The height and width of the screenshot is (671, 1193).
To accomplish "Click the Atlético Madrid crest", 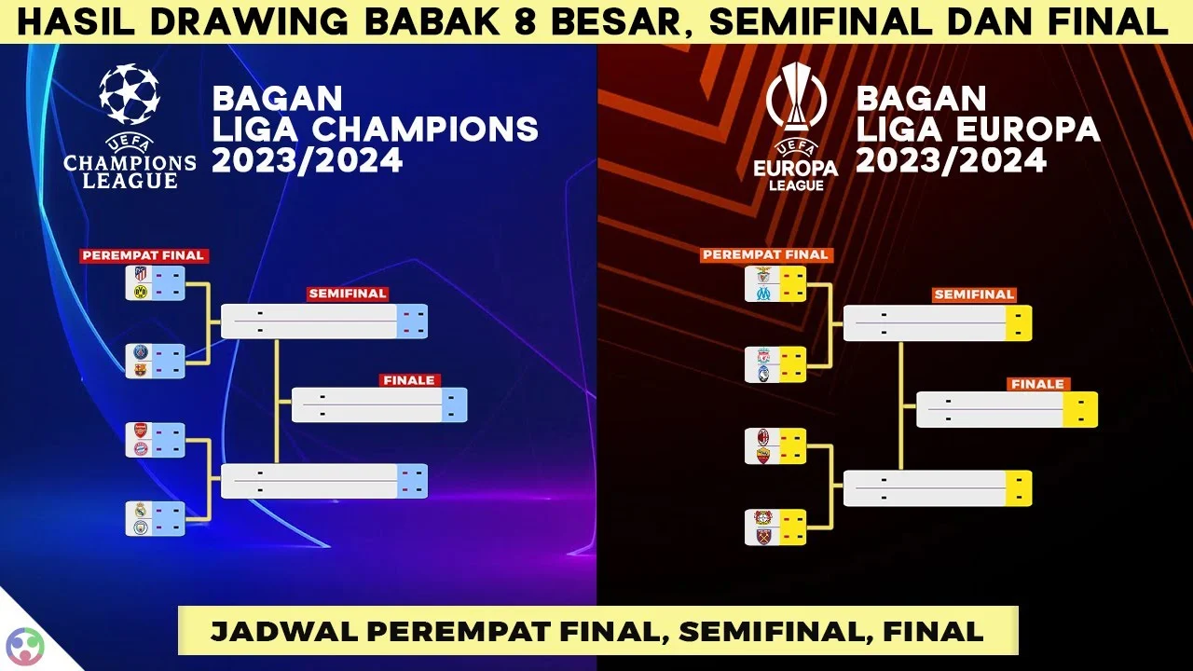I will click(141, 275).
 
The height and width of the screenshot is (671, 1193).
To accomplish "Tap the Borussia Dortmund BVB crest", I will click(141, 292).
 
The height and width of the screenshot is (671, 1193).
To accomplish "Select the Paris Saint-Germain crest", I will click(141, 352).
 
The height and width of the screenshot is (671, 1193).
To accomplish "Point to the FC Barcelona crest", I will click(141, 369).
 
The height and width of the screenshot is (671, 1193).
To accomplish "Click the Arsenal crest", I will click(141, 431).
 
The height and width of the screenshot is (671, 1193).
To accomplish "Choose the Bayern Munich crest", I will click(141, 448).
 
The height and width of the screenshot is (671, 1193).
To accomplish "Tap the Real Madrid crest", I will click(141, 510).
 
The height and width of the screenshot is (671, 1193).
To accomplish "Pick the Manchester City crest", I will click(141, 527).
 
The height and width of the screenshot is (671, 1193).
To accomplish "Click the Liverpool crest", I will click(763, 356).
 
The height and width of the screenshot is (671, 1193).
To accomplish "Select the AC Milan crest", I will click(763, 438).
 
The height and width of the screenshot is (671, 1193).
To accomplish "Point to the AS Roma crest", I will click(763, 455).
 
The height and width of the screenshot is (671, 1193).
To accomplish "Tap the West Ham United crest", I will click(763, 536).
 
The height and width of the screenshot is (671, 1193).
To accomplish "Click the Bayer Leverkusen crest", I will click(763, 518).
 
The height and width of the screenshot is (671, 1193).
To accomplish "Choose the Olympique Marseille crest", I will click(763, 293).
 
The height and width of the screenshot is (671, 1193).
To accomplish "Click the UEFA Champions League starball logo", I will click(130, 94).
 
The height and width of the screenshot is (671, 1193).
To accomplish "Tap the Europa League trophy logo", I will click(796, 98).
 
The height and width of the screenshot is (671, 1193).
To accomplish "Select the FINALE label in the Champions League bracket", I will click(409, 380).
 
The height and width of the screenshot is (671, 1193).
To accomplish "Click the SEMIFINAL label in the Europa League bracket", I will click(974, 294).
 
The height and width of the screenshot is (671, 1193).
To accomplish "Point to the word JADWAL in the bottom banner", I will click(270, 631).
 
